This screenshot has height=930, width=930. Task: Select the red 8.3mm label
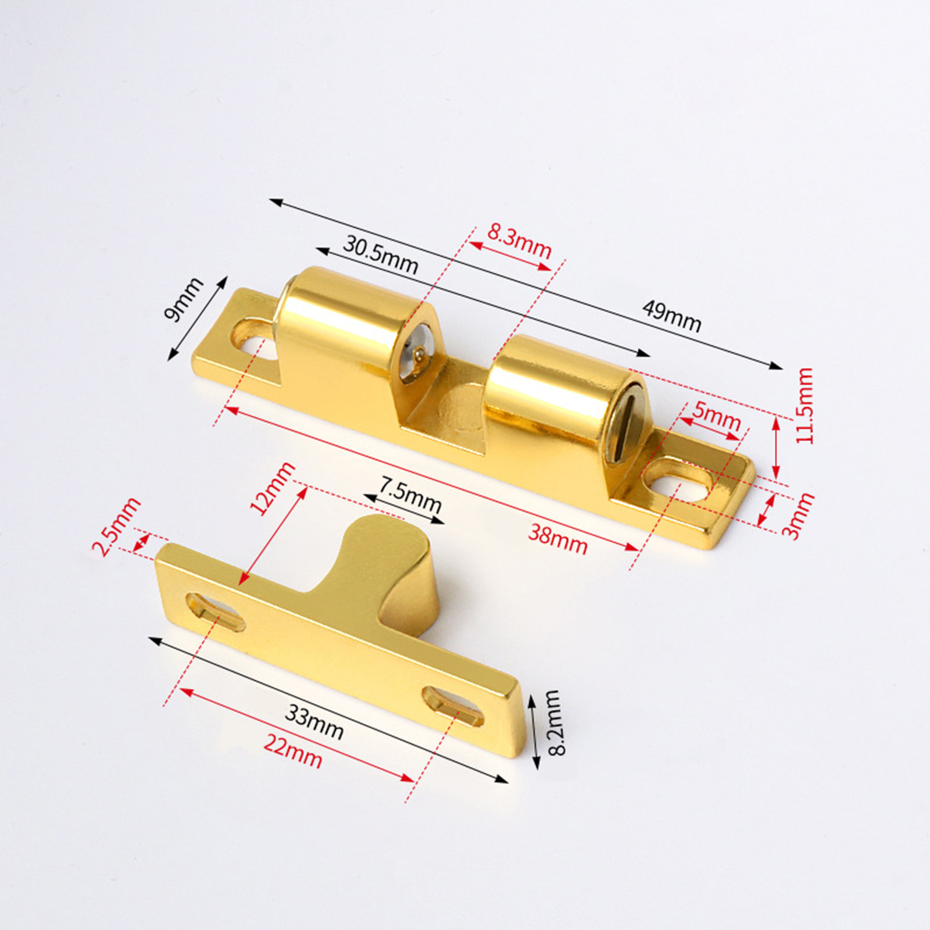click(519, 240)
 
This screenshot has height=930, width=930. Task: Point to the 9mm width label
click(184, 299)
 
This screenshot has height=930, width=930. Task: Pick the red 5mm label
click(717, 415)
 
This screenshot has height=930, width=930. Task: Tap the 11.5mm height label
click(804, 406)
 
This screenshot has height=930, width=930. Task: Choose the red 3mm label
click(798, 516)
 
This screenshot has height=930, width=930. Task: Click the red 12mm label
click(272, 488)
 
